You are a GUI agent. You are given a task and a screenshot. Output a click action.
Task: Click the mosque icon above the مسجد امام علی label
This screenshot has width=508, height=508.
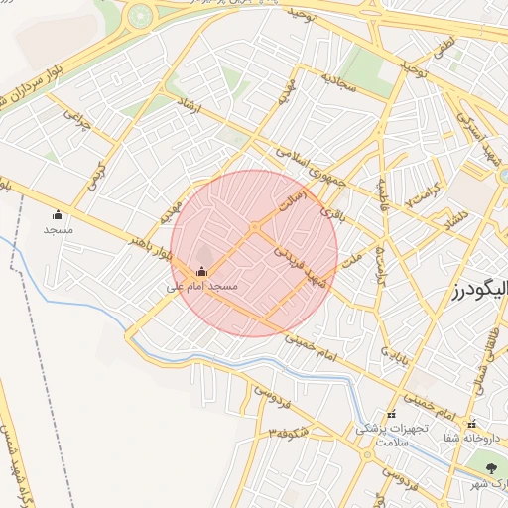point(202,272)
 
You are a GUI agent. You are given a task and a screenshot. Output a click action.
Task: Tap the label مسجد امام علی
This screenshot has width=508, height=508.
point(202,286)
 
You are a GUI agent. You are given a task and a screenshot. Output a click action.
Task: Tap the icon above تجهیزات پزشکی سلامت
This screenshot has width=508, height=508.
point(391,414)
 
